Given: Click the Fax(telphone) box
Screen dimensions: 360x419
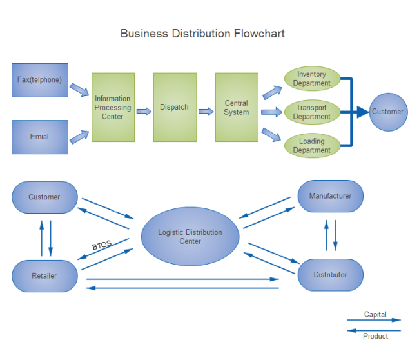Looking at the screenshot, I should (x=39, y=80).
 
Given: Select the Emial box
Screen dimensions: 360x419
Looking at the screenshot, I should (x=39, y=137).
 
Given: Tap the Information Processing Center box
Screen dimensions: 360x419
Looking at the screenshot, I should (x=113, y=107).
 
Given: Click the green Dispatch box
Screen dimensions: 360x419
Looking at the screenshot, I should (x=175, y=107).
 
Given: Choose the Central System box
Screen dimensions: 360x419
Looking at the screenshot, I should (x=237, y=107).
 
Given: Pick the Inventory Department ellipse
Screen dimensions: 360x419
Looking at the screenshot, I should (x=311, y=79).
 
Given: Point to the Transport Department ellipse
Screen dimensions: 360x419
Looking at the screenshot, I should (x=311, y=112).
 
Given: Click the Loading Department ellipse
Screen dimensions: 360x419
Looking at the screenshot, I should (x=311, y=145).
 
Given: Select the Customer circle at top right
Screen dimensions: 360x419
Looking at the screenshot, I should (x=388, y=112).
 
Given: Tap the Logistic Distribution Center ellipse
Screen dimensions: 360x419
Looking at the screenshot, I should (x=190, y=236).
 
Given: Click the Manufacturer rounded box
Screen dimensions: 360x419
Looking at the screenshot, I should (x=330, y=196).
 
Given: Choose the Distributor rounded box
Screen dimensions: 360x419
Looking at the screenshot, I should (x=330, y=275).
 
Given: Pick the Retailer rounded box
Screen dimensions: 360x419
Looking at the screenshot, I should (x=44, y=275).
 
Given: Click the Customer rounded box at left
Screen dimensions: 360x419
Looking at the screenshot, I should (x=44, y=197).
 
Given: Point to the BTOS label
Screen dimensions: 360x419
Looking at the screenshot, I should (x=101, y=246).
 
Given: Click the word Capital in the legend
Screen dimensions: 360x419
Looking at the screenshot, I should (x=375, y=315).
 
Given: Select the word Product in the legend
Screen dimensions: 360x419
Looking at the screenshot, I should (x=375, y=336).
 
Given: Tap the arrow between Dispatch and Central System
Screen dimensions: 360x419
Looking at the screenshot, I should (x=206, y=112).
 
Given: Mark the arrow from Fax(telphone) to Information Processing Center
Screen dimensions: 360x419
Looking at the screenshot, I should (x=79, y=89).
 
